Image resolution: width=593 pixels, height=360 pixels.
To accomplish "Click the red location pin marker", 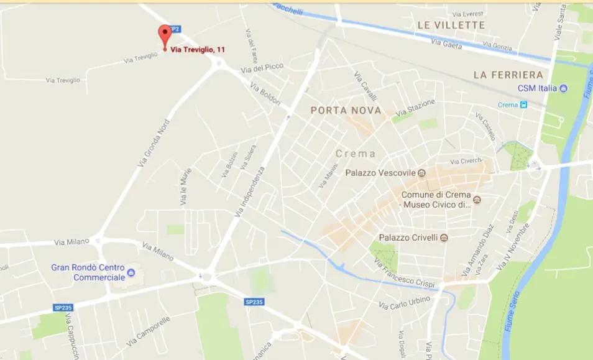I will pos(165,35).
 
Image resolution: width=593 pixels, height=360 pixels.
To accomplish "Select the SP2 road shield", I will pos(175,29).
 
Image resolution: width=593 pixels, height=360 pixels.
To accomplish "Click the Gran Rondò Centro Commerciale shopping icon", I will pos(131,272).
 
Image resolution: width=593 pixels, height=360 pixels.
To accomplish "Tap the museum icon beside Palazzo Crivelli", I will pos(443,238).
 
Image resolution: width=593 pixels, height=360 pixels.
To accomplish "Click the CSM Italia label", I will pos(538,88).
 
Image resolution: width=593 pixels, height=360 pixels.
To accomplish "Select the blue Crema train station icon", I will pos(523,104).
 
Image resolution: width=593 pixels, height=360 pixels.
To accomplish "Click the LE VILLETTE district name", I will pos(451,25).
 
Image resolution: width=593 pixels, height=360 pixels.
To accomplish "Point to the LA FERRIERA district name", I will pos(508,75).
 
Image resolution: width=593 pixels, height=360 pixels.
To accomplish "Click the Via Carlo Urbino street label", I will pos(405,302).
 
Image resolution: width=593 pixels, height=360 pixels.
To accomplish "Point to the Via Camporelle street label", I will pos(148,332).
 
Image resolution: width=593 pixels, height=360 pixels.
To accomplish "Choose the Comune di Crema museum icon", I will pos(477,200).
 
